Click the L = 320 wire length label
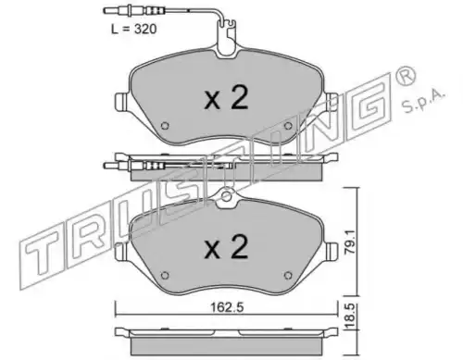134,29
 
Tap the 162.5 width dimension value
227,307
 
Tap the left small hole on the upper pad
165,126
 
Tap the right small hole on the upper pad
288,126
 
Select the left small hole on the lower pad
165,275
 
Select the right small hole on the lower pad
288,275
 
